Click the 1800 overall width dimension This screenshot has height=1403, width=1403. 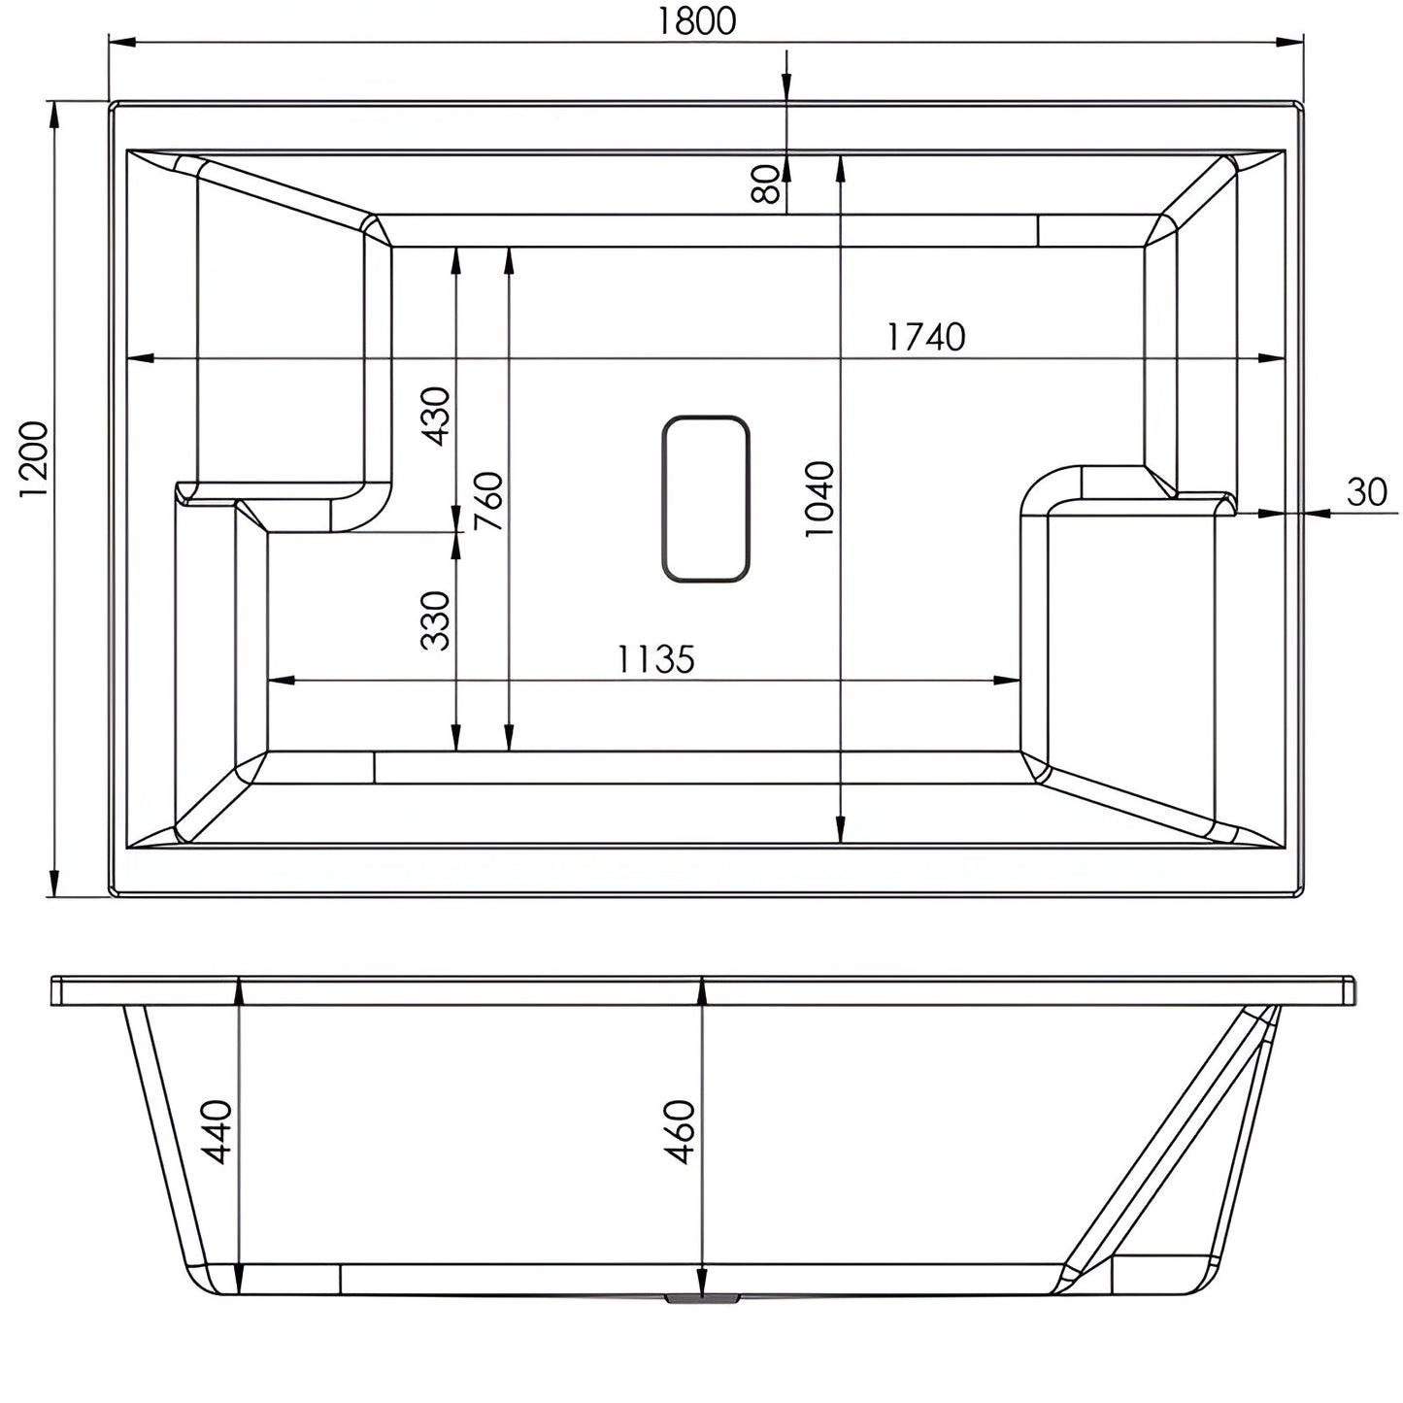(x=696, y=20)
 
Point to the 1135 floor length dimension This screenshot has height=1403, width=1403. (x=656, y=660)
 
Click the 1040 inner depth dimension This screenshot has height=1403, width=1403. (x=818, y=499)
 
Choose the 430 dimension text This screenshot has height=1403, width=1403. (x=436, y=416)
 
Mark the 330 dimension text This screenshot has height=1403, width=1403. (x=436, y=620)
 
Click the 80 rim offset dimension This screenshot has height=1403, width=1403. (x=767, y=184)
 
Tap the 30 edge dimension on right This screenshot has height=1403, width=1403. (x=1367, y=493)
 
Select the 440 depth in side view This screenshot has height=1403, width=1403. (x=216, y=1132)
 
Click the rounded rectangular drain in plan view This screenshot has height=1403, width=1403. (x=706, y=499)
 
